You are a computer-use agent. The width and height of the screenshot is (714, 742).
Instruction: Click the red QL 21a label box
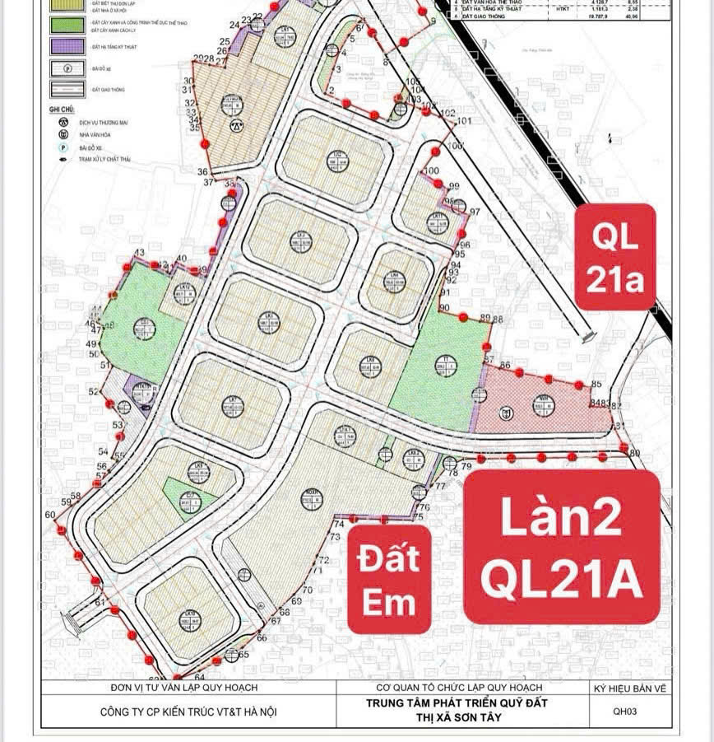tap(614, 257)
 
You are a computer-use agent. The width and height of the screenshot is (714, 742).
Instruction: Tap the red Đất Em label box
tap(389, 579)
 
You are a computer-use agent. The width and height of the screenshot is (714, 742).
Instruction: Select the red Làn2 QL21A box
tap(562, 547)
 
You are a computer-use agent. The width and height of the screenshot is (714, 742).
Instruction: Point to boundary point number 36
tap(202, 171)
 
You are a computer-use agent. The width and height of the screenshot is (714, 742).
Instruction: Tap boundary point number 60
tap(50, 515)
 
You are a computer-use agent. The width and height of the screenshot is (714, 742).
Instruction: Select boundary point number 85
tap(596, 384)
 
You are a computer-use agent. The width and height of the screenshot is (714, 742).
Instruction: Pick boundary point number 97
tap(475, 212)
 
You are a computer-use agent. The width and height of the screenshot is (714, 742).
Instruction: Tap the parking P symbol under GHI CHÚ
tap(62, 145)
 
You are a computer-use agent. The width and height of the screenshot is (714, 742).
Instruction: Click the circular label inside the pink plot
tap(543, 404)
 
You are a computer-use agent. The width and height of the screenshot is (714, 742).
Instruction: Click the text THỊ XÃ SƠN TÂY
tap(457, 718)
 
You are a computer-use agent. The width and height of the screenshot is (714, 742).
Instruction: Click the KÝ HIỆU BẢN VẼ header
tap(627, 688)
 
